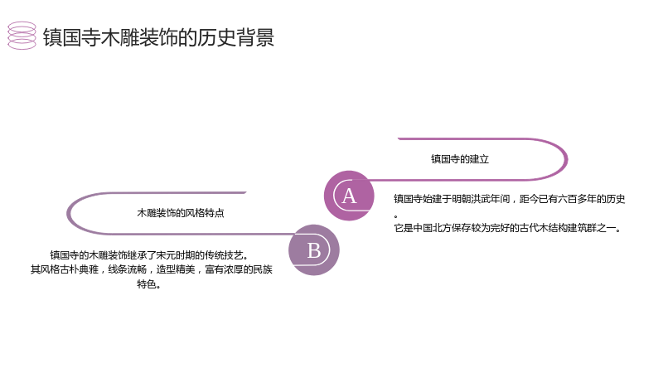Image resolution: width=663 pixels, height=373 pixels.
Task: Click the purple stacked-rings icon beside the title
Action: [22, 36]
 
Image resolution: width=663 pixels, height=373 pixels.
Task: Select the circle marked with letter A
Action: [349, 196]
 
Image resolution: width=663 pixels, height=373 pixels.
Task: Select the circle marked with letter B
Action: [314, 250]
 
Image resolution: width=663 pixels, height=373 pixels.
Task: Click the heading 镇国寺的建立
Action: [460, 159]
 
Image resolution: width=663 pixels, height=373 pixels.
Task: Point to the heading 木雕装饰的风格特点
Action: [181, 213]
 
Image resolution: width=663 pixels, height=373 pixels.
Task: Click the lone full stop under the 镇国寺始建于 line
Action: [396, 216]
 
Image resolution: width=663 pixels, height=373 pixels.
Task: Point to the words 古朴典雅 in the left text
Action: [79, 269]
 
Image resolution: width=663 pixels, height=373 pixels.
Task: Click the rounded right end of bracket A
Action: [566, 159]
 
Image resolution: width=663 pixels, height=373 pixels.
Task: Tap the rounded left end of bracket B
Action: [68, 214]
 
